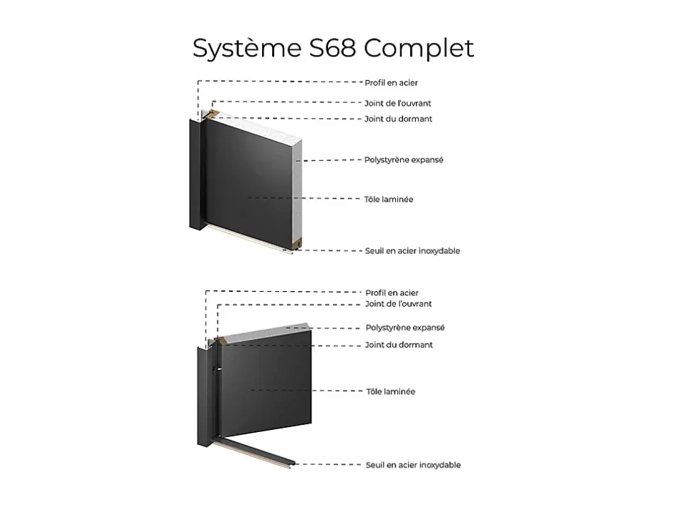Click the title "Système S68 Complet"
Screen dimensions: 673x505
tap(333, 48)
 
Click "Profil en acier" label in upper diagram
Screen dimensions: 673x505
tap(391, 83)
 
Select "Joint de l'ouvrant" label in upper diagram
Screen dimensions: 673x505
tap(398, 103)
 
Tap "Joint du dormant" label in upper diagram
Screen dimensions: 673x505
tap(398, 119)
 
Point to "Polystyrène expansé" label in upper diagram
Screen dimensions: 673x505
tap(404, 160)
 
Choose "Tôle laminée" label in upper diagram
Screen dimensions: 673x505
tap(389, 200)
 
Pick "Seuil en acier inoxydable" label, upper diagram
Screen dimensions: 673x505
tap(412, 251)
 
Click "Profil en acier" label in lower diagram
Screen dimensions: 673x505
tap(392, 293)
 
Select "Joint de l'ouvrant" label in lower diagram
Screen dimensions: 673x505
tap(398, 304)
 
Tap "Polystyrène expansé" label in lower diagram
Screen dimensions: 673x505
tap(405, 328)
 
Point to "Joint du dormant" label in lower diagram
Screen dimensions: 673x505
tap(399, 345)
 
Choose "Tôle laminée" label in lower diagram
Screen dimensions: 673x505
tap(391, 391)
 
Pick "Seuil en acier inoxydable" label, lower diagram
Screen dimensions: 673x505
tap(413, 465)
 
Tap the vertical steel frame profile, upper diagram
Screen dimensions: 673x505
tap(195, 175)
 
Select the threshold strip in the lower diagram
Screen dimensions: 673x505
tap(254, 453)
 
